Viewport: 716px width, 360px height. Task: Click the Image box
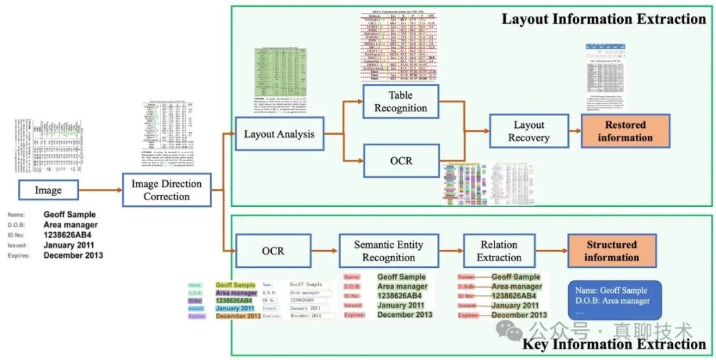48,190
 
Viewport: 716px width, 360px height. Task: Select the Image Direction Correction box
166,190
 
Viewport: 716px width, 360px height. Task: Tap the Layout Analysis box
278,134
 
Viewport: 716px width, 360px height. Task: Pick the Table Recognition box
400,101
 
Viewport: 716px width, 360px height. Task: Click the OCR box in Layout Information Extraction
400,161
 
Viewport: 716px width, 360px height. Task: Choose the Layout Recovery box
528,131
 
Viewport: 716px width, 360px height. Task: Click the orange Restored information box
625,131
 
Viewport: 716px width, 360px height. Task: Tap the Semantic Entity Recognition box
388,251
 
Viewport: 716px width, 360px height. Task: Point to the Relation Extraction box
499,251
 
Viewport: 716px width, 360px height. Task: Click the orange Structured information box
611,251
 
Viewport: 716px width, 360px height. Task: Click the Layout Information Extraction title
603,19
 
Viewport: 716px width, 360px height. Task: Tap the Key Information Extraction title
614,344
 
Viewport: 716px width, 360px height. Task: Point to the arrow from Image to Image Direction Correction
101,190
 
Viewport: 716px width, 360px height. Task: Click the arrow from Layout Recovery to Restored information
575,131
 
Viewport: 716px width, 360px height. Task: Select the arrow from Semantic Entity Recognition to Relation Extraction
451,251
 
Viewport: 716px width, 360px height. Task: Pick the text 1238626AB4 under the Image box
67,235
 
